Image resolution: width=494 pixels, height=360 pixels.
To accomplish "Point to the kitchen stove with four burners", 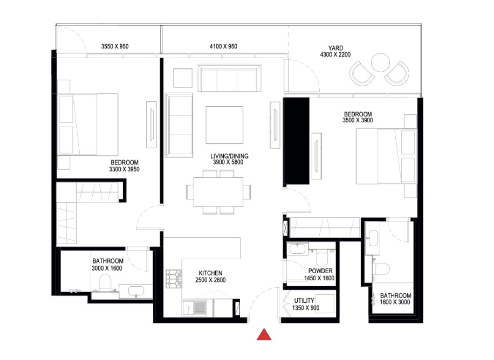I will [174, 278].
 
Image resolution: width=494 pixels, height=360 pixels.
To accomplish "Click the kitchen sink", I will [198, 308].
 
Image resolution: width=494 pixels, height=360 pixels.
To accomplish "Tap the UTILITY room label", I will [305, 301].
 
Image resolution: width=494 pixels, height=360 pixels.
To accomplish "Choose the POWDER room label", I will [320, 271].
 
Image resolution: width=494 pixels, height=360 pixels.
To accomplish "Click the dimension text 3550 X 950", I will [115, 46].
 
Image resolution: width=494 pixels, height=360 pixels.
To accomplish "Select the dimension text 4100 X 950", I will [223, 46].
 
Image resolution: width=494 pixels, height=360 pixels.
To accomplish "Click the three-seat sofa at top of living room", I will [229, 79].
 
